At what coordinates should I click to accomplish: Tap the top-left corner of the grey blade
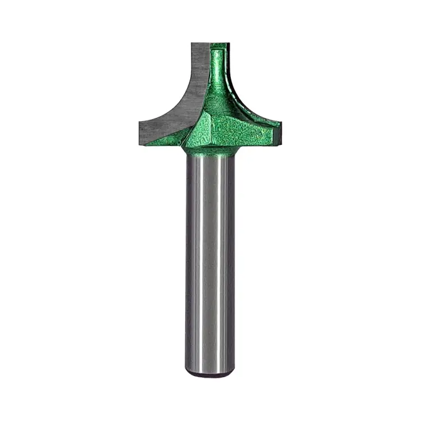(191, 44)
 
